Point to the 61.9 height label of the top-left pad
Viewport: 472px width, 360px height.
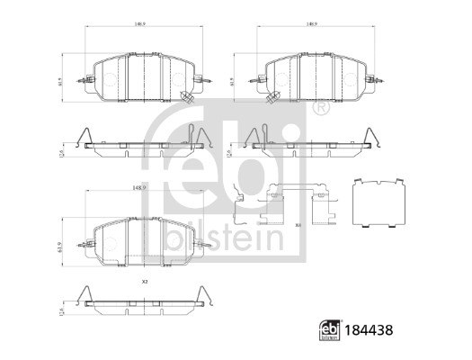[x=60, y=83]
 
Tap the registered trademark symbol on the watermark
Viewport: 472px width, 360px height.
[x=320, y=110]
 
